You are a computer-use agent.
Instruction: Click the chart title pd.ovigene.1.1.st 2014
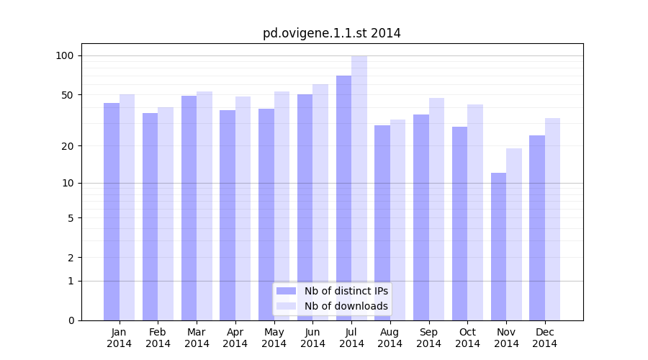[x=331, y=33]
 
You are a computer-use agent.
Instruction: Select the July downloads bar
[x=359, y=187]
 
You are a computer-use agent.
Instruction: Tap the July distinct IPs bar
[x=343, y=198]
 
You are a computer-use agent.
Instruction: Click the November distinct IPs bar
[x=498, y=246]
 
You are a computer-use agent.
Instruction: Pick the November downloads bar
[x=514, y=234]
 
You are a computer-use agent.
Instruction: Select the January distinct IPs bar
[x=112, y=212]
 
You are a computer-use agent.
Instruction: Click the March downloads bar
[x=204, y=205]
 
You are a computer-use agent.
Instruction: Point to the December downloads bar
[x=552, y=219]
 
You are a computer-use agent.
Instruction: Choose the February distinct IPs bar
[x=150, y=216]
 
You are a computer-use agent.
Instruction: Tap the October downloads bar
[x=475, y=212]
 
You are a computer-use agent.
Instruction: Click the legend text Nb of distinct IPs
[x=346, y=291]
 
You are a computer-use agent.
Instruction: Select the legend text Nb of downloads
[x=346, y=306]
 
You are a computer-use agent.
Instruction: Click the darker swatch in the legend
[x=286, y=291]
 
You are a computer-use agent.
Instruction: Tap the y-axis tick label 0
[x=71, y=320]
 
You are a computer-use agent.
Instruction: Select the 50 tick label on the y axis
[x=68, y=95]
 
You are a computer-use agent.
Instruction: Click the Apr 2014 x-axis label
[x=235, y=338]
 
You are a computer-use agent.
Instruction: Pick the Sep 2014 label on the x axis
[x=428, y=338]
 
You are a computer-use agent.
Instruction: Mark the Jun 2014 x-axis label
[x=312, y=338]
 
